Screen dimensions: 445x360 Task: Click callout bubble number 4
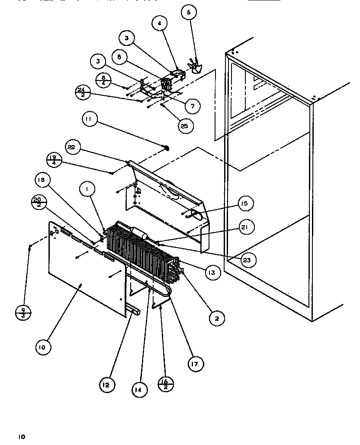coord(159,23)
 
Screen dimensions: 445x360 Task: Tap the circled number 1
coord(87,188)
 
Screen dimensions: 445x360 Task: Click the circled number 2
coord(217,318)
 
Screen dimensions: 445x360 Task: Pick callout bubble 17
coord(195,364)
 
